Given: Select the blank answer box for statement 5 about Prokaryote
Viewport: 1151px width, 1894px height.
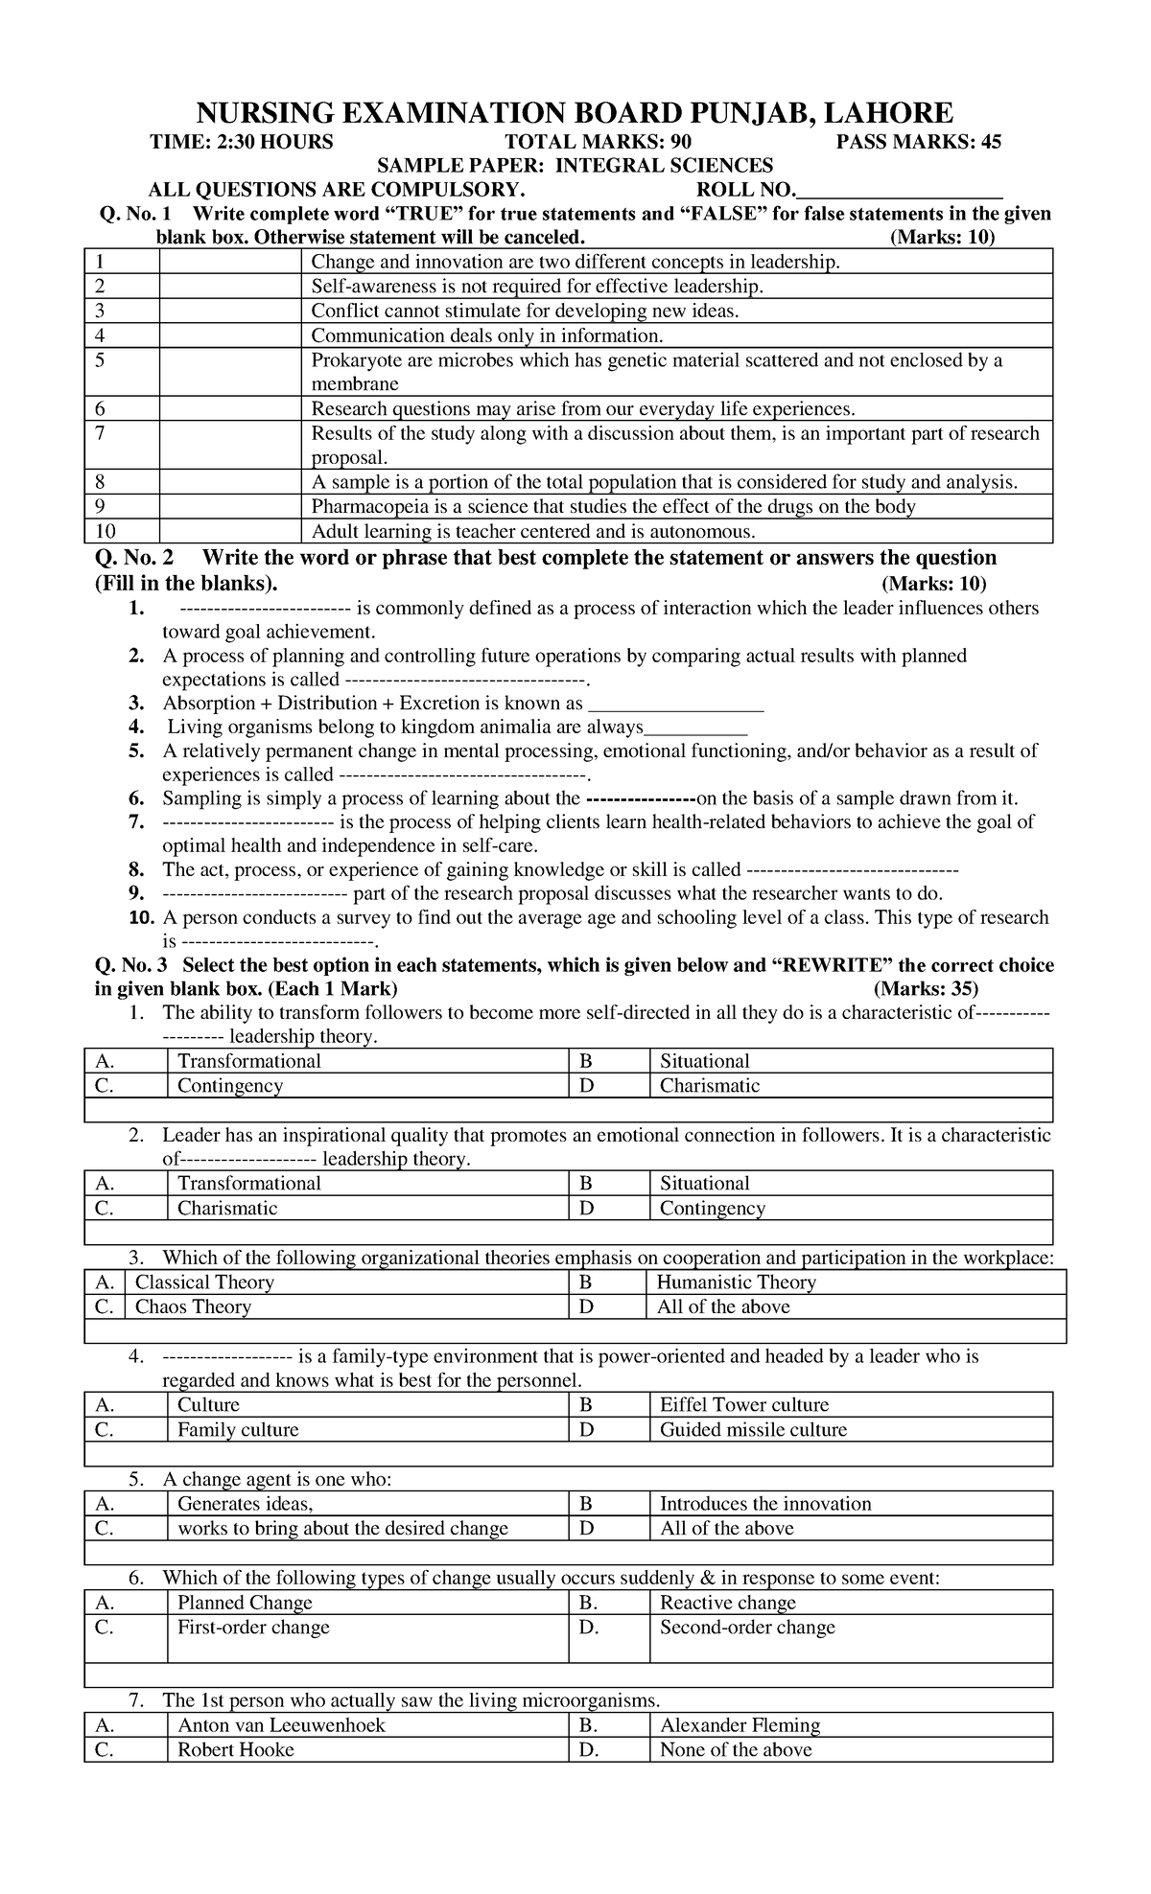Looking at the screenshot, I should (x=229, y=372).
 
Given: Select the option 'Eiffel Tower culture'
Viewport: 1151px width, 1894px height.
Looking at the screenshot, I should (x=743, y=1405).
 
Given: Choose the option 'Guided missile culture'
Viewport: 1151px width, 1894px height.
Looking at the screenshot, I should (x=753, y=1430).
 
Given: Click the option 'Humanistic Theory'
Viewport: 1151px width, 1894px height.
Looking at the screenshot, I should (x=736, y=1282).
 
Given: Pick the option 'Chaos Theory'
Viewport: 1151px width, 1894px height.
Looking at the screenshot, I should (x=193, y=1307).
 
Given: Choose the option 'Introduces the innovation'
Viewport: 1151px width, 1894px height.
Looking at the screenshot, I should (x=765, y=1504).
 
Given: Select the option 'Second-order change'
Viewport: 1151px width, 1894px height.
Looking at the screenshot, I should (x=747, y=1628).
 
